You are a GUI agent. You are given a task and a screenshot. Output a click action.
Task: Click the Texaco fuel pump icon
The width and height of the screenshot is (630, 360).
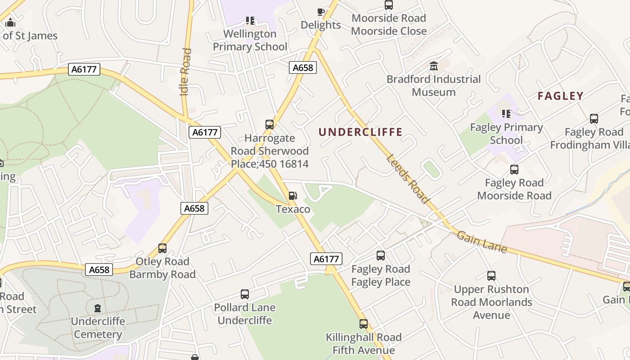292,196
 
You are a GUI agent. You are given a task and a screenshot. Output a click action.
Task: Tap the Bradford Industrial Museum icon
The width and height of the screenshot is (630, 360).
434,66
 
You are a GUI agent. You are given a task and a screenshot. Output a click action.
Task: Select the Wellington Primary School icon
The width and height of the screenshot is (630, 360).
250,20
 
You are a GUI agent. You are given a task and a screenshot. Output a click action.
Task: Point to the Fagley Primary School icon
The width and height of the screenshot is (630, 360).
506,114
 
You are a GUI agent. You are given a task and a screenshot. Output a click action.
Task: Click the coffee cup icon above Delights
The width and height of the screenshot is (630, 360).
320,12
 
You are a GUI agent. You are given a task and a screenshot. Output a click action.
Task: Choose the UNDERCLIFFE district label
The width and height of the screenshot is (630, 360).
360,132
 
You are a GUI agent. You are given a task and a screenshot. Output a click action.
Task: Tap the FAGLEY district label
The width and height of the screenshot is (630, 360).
560,96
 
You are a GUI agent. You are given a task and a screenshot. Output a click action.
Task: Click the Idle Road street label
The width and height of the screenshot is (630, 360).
185,72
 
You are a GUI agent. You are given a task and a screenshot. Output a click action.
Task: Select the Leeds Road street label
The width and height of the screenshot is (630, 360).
407,179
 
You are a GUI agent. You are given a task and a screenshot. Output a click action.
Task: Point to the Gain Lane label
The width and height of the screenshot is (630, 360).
481,242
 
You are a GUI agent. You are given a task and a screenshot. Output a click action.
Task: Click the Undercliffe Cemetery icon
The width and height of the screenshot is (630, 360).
98,308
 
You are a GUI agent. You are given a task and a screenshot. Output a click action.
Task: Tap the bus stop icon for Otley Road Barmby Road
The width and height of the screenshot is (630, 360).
162,248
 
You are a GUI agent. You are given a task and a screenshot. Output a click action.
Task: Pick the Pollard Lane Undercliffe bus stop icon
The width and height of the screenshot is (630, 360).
244,294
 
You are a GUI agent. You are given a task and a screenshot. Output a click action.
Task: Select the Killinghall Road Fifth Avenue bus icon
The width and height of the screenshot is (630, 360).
363,324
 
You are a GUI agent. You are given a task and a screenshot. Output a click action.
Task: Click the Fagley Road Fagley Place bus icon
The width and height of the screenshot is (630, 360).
380,256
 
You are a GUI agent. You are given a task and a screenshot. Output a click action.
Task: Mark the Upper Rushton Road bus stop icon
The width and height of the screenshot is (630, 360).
491,276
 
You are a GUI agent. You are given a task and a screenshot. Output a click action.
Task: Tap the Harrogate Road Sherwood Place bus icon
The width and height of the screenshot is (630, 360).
270,125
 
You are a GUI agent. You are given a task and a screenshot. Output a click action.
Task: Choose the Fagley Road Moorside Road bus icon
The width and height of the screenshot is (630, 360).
514,170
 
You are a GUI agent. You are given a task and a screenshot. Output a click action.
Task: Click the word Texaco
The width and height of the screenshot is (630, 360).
293,209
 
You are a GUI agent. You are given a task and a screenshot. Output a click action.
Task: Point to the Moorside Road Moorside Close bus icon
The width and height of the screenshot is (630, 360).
388,5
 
